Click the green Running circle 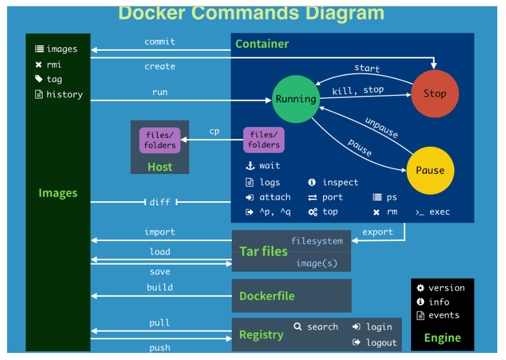pos(296,99)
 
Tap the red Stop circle pos(435,94)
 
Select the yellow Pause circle pos(430,170)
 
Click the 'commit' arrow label pos(160,41)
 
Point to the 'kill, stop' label pos(358,90)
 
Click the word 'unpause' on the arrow pos(381,127)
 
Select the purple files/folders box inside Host pos(160,140)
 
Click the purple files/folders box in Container pos(264,140)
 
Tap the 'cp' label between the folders pos(214,131)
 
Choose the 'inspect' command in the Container pos(340,182)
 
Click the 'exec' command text pos(439,212)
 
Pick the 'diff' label pos(160,202)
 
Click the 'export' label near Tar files pos(377,232)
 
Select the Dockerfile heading pos(267,296)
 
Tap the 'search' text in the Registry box pos(322,327)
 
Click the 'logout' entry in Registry pos(381,343)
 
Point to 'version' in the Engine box pos(446,288)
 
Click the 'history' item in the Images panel pos(64,94)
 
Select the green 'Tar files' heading pos(263,251)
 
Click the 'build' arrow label pos(160,287)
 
